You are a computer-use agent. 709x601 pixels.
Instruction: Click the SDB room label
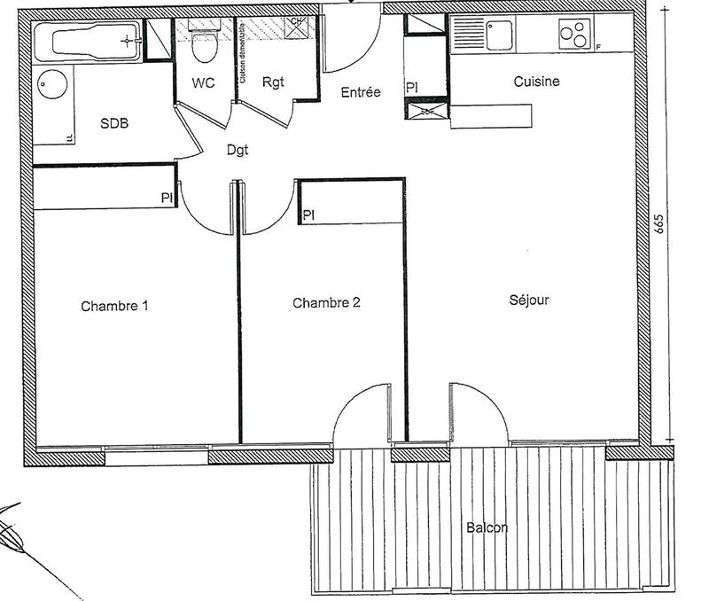click(x=113, y=124)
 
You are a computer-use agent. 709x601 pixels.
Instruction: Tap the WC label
click(x=203, y=84)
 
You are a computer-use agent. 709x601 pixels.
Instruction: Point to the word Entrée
click(x=361, y=91)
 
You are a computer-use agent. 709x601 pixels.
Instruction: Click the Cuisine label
click(x=537, y=82)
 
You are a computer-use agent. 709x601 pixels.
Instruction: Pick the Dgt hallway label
click(x=237, y=151)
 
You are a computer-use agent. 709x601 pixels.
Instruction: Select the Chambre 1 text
click(x=114, y=307)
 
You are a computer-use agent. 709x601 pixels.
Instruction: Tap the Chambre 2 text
click(x=326, y=303)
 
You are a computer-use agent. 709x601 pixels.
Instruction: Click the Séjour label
click(x=529, y=300)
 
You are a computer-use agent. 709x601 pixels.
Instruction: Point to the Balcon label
click(x=487, y=528)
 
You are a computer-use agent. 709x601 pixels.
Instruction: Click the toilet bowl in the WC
click(x=204, y=50)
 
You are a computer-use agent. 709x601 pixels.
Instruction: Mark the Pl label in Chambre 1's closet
click(x=166, y=199)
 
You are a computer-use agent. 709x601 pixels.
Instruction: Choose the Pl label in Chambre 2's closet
click(x=308, y=215)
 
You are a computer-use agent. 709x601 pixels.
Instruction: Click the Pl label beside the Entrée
click(x=411, y=88)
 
